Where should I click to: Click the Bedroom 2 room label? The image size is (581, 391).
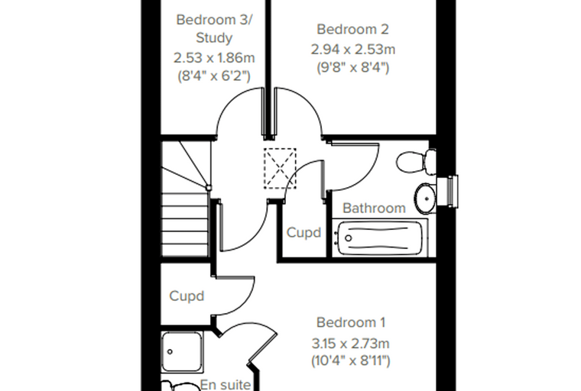pos(352,29)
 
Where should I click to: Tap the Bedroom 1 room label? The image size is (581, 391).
pos(351,322)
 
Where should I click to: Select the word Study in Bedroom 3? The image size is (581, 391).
pos(214,38)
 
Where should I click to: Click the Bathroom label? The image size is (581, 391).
pos(374,208)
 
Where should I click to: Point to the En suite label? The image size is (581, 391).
pos(226,385)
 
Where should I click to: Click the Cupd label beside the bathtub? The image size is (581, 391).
pos(303,232)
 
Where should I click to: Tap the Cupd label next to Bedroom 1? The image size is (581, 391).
pos(187,296)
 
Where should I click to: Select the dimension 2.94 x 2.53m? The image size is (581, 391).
pos(352,49)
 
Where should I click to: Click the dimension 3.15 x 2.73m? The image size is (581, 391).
pos(351,344)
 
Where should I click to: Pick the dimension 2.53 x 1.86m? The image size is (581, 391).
pos(214,58)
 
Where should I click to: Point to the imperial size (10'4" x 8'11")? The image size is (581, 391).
pos(351,360)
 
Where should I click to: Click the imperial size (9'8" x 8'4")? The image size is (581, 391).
pos(352,68)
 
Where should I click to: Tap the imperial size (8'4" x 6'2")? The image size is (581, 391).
pos(214,76)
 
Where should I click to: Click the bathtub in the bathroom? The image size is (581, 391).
pos(380,238)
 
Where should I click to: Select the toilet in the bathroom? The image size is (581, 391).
pos(416,161)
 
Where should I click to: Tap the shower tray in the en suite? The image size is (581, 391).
pos(182,352)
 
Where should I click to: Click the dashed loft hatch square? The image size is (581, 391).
pos(280,169)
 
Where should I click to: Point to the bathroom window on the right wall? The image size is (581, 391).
pos(447,192)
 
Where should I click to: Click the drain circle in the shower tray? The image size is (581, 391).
pos(170,352)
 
